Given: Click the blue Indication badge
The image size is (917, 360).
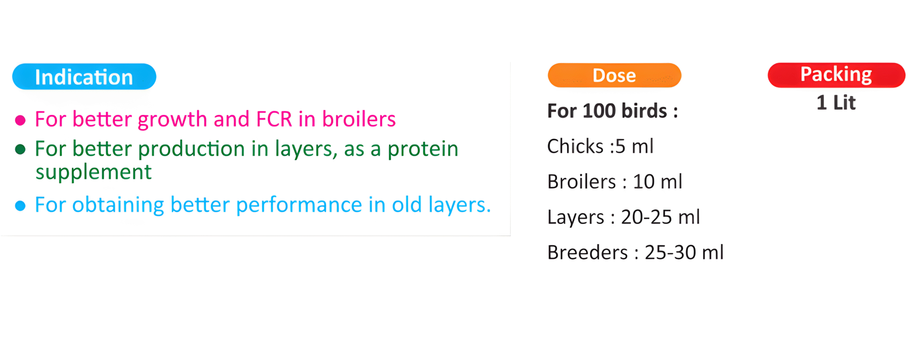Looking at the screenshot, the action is pos(84,77).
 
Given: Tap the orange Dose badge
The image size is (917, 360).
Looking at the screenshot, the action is pos(614,75).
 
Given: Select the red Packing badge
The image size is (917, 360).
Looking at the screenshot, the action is pos(836,75).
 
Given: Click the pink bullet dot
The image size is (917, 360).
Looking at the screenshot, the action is pos(20,120).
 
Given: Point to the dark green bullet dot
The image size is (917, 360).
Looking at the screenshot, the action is pos(20,149).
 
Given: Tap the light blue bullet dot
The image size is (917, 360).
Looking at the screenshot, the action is pos(20,206).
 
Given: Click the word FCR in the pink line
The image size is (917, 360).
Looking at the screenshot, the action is pos(274,119).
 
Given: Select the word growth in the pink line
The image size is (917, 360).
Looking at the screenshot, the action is pos(172,120).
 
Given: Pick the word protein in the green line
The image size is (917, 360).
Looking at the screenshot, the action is pos(423,150).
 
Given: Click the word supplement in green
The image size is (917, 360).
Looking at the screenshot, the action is pos(94,173).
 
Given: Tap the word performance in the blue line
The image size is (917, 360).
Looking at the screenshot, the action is pos(299,206).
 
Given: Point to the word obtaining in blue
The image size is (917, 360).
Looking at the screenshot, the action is pos(118,206).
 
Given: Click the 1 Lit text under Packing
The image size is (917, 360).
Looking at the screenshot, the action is pos(836,103).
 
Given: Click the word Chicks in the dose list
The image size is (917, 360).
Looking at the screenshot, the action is pos(575,146).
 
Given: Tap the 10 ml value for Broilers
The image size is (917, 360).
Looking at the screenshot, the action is pos(657,181).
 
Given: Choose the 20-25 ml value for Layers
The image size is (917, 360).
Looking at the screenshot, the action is pos(660,217).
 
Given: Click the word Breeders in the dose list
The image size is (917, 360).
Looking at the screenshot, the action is pos(587,253).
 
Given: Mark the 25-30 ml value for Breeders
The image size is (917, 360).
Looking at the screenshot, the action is pos(684,253).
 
